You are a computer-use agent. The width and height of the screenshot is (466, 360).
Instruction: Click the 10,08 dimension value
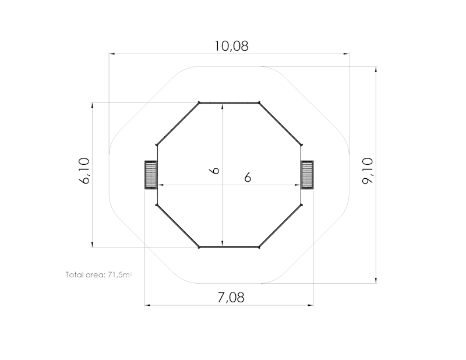231,46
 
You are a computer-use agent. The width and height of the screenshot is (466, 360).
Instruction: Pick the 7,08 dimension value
231,297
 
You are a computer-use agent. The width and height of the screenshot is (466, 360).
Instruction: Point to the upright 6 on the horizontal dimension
248,177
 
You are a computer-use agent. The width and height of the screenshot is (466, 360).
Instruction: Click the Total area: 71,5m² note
99,274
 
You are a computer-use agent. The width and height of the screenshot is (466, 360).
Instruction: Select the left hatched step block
151,175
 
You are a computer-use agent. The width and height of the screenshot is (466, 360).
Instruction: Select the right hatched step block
307,175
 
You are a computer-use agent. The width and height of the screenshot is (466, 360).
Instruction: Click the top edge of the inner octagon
229,103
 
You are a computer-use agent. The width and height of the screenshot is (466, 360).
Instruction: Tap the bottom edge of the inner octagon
229,248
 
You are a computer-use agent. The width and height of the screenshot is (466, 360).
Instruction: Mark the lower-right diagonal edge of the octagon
281,226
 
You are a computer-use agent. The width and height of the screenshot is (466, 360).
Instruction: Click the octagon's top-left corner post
199,103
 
